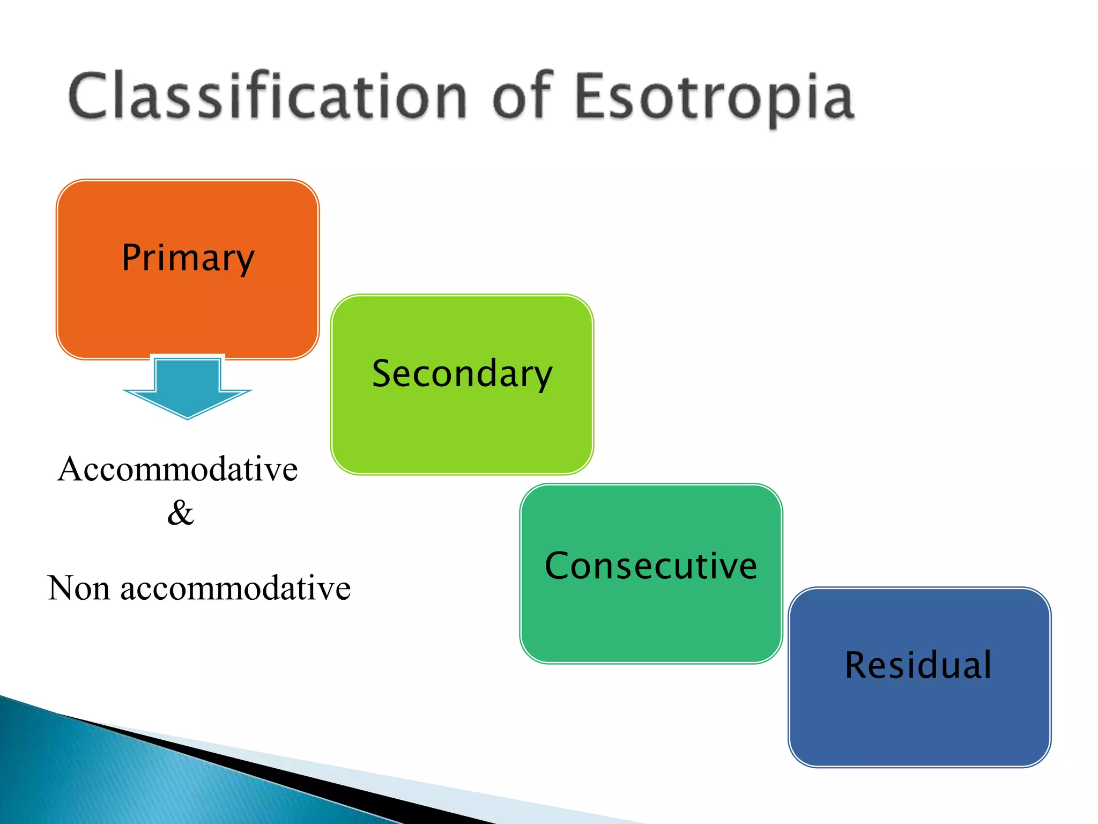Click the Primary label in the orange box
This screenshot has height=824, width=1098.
tap(188, 258)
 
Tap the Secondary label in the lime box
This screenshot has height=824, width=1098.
tap(462, 374)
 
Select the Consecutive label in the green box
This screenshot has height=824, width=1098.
tap(651, 566)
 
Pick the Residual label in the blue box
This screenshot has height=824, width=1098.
tap(918, 665)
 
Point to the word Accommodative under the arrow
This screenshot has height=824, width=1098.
tap(177, 469)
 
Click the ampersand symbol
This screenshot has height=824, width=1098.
tap(180, 513)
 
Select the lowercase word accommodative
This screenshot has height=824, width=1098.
tap(235, 588)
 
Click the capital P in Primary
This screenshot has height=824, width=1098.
tap(132, 257)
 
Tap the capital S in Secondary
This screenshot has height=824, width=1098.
tap(384, 374)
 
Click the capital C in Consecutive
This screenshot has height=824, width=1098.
tap(558, 566)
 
